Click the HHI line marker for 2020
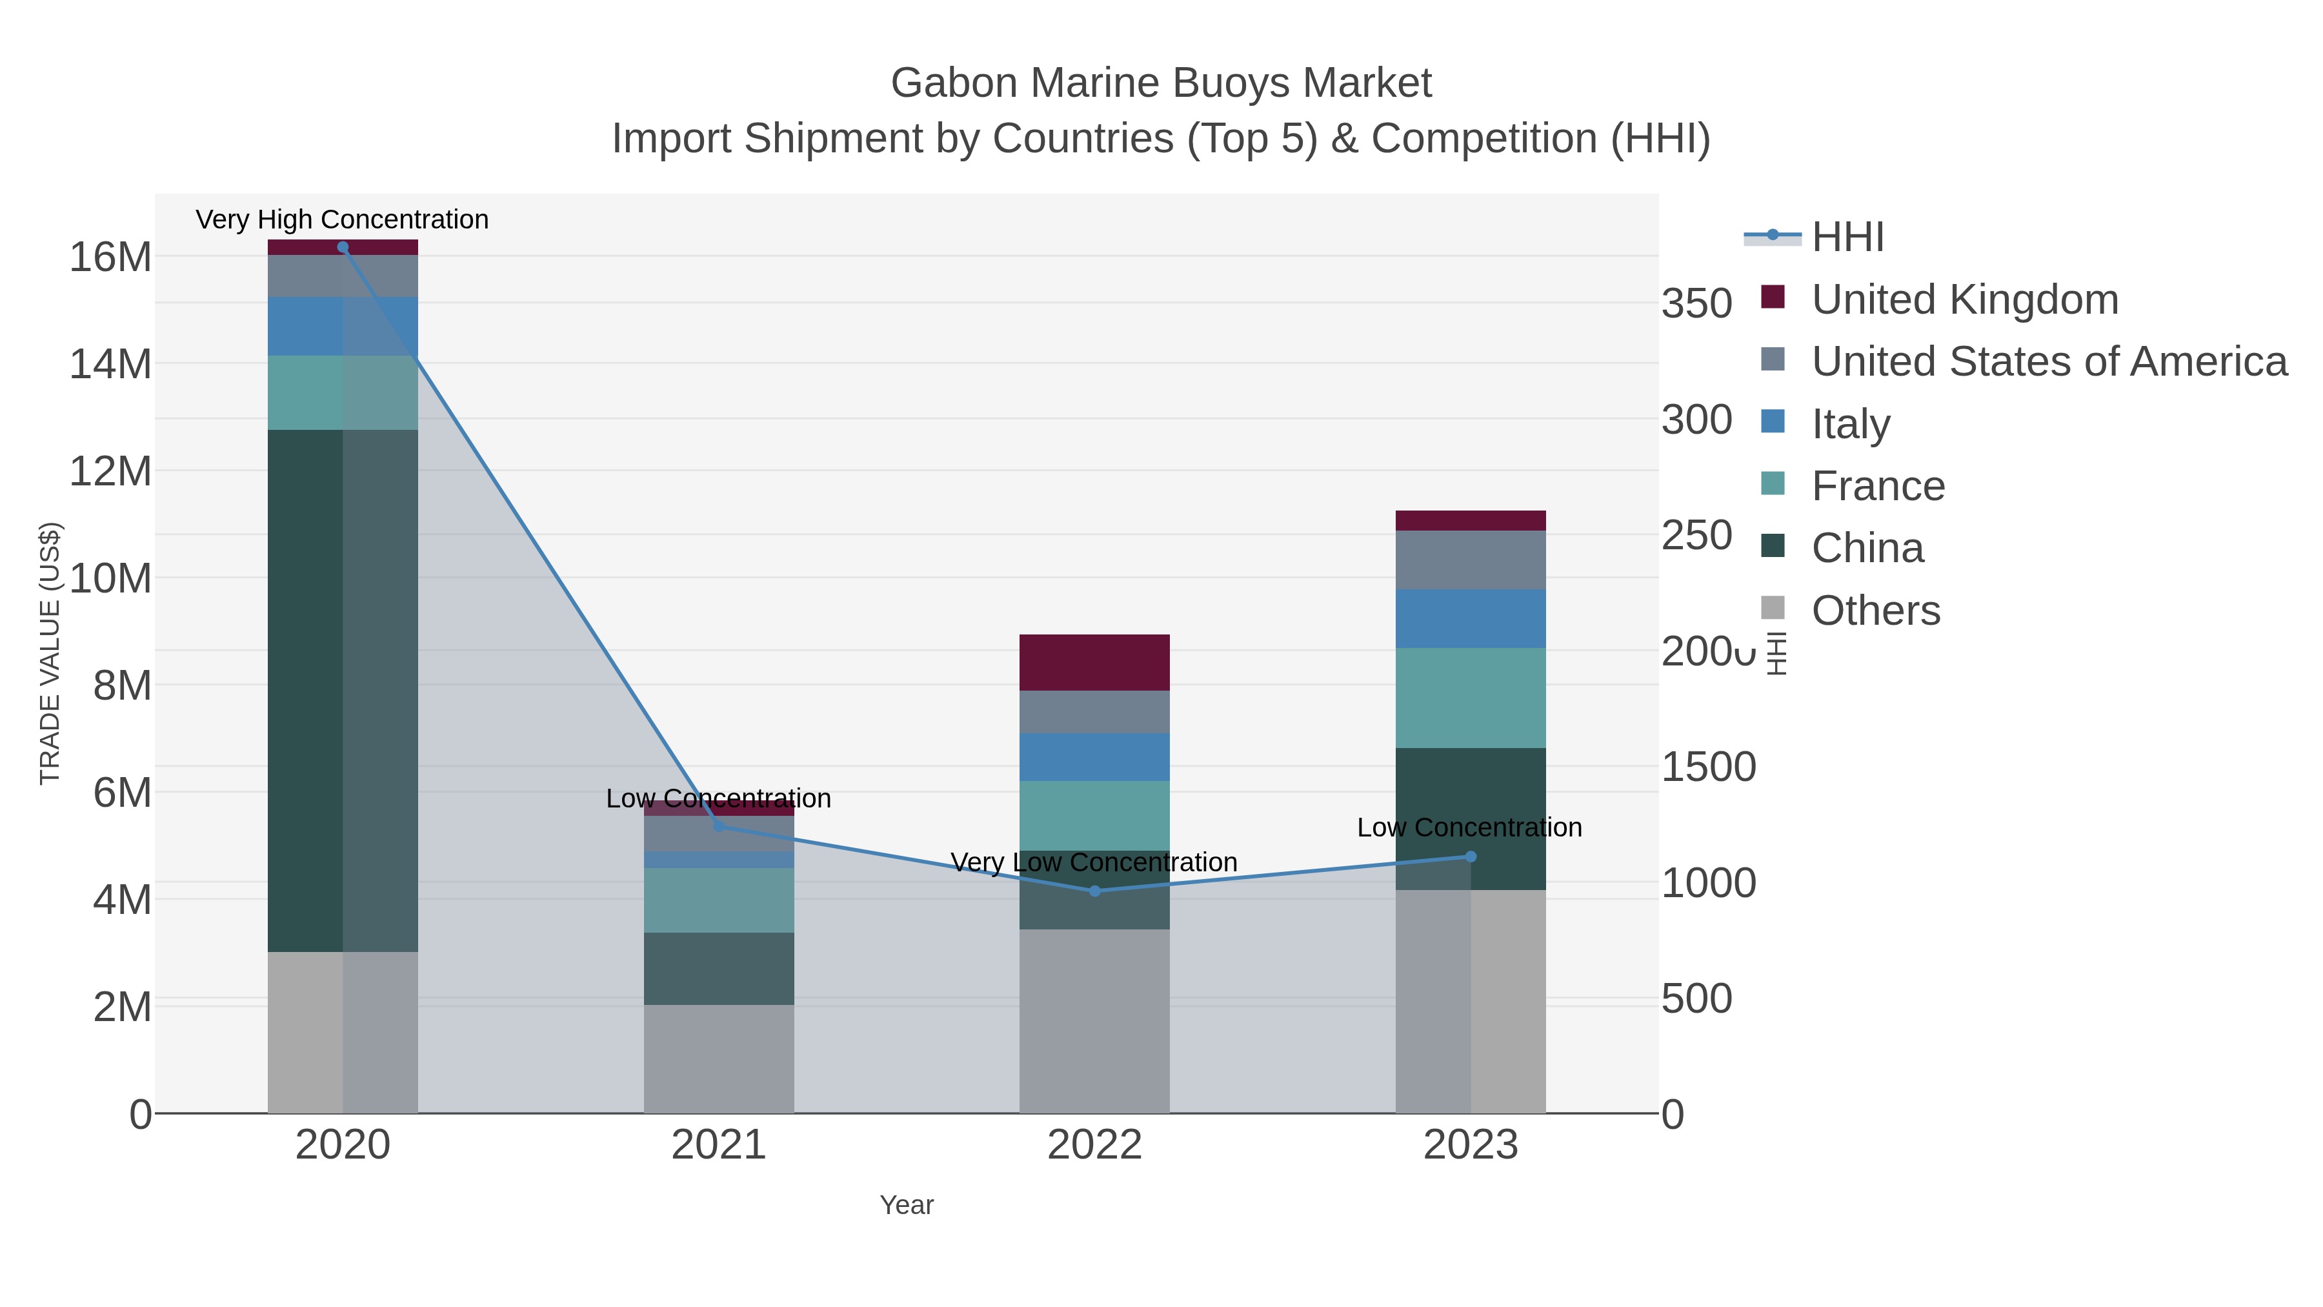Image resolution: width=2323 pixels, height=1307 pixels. [343, 247]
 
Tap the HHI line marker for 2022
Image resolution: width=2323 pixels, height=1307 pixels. [1095, 891]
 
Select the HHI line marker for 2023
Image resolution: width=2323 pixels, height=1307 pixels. [1471, 857]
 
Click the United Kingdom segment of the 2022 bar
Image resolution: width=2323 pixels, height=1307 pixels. [1095, 663]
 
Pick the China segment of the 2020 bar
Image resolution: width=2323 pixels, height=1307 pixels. [343, 690]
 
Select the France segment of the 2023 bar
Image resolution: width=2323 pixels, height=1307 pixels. [1471, 698]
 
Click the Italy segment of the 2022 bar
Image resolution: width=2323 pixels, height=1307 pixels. [1095, 757]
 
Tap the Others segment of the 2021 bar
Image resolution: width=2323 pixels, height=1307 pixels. [719, 1059]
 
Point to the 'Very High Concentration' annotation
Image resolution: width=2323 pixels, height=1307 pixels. [343, 219]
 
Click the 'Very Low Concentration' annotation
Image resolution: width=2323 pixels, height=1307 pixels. [1095, 862]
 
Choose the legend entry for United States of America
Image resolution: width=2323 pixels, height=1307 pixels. [2049, 361]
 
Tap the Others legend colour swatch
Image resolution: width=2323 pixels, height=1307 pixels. [1773, 609]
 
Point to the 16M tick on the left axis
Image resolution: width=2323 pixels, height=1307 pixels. [110, 257]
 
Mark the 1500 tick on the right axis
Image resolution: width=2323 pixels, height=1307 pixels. [1708, 767]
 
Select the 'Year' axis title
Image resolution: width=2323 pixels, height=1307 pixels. [907, 1205]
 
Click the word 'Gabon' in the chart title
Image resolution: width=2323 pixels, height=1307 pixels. [953, 83]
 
